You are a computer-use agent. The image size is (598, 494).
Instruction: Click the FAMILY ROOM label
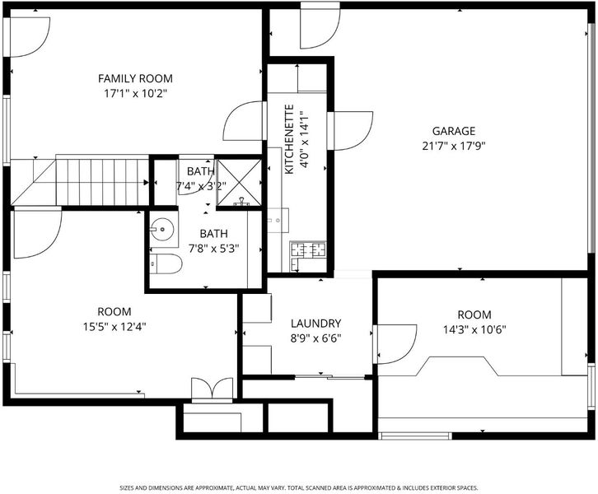tap(135, 78)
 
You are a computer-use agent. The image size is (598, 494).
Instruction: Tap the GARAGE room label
tap(454, 131)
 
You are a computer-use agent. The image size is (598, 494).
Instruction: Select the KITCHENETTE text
tap(289, 139)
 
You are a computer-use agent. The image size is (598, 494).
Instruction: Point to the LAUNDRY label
tap(315, 324)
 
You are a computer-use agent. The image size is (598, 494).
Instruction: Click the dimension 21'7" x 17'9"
tap(454, 146)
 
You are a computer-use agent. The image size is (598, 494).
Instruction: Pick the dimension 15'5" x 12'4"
tap(114, 327)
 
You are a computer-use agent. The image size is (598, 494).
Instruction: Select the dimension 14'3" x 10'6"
tap(474, 329)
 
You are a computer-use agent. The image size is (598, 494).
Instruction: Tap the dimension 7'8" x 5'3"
tap(213, 249)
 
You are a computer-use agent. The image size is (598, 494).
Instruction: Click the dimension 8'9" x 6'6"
tap(315, 338)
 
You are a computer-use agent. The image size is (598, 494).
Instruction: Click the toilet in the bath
tap(166, 263)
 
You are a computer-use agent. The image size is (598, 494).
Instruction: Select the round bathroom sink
tap(162, 229)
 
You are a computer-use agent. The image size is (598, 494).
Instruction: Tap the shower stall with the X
tap(239, 183)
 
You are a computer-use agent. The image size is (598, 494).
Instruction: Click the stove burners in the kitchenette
tap(309, 249)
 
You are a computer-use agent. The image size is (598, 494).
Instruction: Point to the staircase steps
tap(102, 182)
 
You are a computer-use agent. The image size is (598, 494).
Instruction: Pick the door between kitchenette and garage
tap(350, 131)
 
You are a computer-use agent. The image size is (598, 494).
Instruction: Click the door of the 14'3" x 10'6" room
tap(395, 344)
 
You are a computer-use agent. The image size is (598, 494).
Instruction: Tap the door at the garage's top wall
tap(320, 26)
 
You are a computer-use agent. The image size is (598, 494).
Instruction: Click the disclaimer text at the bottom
tap(299, 488)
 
